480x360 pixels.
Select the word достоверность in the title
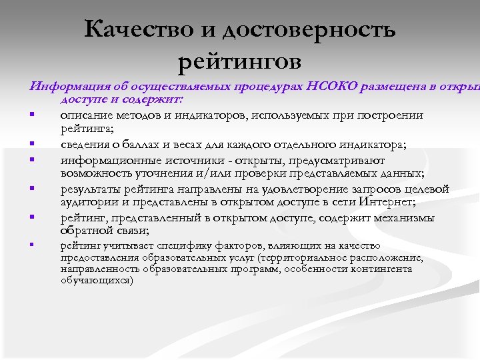[309, 29]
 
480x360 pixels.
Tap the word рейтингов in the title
[240, 61]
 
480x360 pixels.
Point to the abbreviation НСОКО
[333, 87]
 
